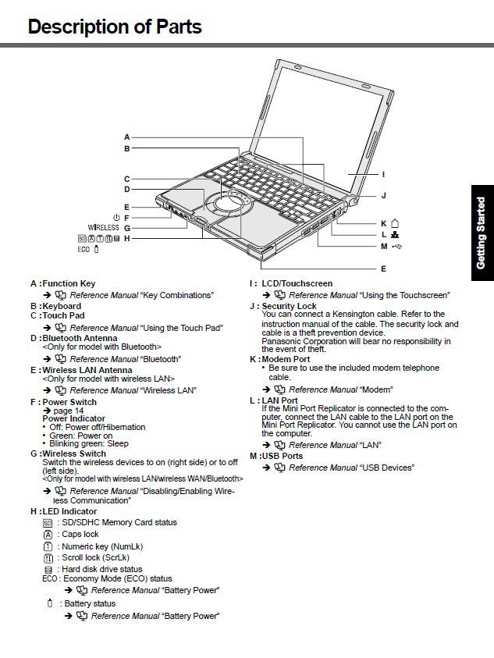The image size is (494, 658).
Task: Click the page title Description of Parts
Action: pos(115,27)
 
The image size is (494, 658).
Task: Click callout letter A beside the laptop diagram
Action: pos(126,137)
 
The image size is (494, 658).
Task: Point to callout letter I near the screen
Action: pos(383,174)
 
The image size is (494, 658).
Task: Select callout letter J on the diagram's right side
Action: pos(383,195)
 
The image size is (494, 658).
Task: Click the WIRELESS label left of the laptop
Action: pos(103,228)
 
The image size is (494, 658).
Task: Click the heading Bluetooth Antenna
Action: pos(74,338)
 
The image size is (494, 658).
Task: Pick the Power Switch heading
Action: pos(69,402)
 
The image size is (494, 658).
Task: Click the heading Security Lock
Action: pos(289,306)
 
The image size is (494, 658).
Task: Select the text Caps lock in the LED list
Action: pos(80,535)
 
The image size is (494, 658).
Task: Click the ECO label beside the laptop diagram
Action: pos(84,249)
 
